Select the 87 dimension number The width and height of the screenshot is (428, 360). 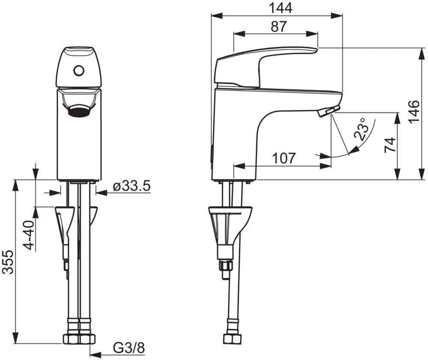(278, 27)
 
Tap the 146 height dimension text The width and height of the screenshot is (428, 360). (413, 112)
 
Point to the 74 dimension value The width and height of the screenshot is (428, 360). (391, 144)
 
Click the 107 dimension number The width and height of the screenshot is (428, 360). (284, 158)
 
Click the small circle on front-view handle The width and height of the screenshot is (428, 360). (78, 70)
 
